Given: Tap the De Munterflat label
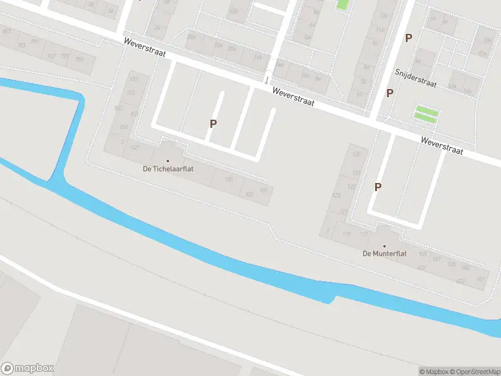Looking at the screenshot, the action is pyautogui.click(x=385, y=254).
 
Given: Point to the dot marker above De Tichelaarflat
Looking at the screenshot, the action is pyautogui.click(x=167, y=161).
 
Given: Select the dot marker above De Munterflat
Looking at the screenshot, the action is pyautogui.click(x=385, y=246).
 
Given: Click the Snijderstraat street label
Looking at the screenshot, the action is pyautogui.click(x=415, y=78).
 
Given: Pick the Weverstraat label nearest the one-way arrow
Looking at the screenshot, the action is pyautogui.click(x=293, y=96).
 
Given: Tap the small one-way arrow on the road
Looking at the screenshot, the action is pyautogui.click(x=266, y=80).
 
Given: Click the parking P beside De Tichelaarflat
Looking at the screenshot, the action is pyautogui.click(x=213, y=123).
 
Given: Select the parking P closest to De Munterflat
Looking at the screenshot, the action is pyautogui.click(x=378, y=187).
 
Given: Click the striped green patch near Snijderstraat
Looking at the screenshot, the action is pyautogui.click(x=426, y=114).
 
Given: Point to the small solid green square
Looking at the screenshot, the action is pyautogui.click(x=342, y=4).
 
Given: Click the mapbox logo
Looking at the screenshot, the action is pyautogui.click(x=28, y=368).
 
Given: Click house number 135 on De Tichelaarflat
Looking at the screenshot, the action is pyautogui.click(x=229, y=180).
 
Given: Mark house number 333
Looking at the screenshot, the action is pyautogui.click(x=249, y=195).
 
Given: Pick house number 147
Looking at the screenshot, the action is pyautogui.click(x=134, y=148).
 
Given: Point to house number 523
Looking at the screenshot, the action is pyautogui.click(x=336, y=196).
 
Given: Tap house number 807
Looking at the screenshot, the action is pyautogui.click(x=6, y=31).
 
